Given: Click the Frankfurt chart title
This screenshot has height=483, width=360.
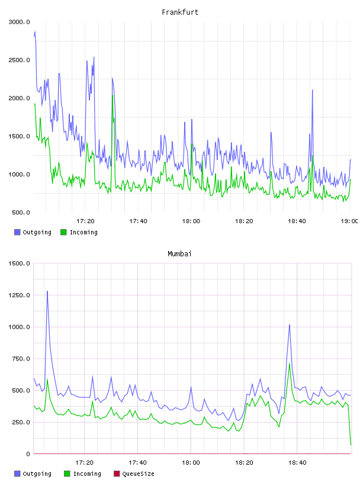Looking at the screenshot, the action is (x=180, y=12).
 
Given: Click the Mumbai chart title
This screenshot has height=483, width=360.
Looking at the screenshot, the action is (x=179, y=254).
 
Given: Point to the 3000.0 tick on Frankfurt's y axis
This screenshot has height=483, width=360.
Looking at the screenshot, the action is (x=19, y=22).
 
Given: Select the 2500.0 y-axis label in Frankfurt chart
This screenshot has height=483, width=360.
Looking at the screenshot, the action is (x=19, y=60).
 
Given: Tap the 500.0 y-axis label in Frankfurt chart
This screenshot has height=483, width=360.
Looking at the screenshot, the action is (x=21, y=212).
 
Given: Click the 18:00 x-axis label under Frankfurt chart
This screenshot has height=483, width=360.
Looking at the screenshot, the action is (x=191, y=221).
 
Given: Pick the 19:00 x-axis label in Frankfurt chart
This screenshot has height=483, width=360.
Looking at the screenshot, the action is (x=349, y=221).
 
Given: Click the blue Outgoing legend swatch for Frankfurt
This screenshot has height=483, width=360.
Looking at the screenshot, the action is (x=17, y=232).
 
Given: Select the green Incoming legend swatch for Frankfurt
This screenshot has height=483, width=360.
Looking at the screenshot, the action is (x=63, y=232).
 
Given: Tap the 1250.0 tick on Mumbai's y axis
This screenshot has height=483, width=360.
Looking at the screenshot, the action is (x=19, y=295).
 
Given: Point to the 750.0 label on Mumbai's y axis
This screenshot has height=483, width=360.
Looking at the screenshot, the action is (x=21, y=359).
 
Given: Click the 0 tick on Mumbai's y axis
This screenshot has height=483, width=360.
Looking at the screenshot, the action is (x=28, y=454).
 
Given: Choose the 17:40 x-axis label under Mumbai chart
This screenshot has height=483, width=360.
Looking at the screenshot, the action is (x=137, y=463).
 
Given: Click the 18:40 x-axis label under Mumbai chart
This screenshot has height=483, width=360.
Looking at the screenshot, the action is (x=297, y=463).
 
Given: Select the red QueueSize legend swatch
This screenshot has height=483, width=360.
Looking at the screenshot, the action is (x=117, y=474).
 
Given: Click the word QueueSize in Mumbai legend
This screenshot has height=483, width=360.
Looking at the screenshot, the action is (x=138, y=474).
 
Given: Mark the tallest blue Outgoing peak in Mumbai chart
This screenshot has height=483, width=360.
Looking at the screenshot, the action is (x=47, y=291).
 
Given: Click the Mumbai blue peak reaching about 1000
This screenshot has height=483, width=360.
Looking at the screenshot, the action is (x=290, y=325).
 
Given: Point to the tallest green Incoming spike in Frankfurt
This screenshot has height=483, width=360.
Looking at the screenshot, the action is (x=113, y=95).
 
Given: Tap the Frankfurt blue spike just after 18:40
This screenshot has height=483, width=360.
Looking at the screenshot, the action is (x=312, y=90).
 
